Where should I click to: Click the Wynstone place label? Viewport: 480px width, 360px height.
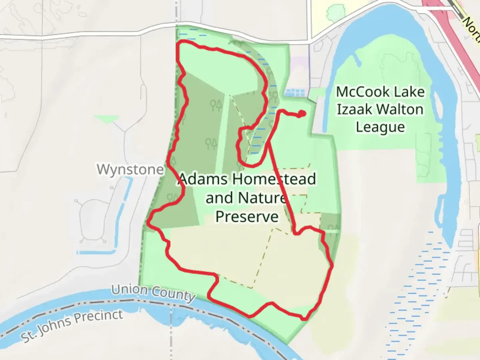130,169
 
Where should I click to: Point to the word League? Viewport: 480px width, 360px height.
380,127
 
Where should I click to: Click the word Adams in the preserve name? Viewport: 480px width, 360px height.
204,180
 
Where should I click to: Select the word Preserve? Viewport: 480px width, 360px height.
247,217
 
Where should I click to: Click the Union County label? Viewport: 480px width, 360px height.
153,293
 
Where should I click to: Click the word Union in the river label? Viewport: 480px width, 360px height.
129,289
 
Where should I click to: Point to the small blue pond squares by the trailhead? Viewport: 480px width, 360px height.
295,92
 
